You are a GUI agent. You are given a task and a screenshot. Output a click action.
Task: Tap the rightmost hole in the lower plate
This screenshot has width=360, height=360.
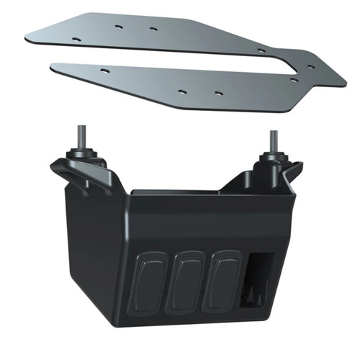click(x=294, y=80)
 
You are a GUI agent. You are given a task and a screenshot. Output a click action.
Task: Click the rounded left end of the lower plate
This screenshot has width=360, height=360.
click(x=55, y=67)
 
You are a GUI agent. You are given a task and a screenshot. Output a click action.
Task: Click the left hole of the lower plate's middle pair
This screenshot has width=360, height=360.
click(x=181, y=92)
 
